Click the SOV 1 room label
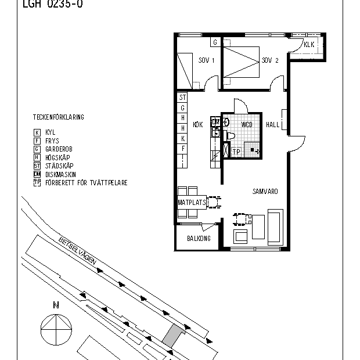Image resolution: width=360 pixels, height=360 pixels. (207, 60)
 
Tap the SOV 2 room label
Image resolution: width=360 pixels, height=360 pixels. (270, 60)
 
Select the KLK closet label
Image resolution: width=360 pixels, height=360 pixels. (308, 45)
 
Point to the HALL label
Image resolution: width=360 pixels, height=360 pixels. (272, 125)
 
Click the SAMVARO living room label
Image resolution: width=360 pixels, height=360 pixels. (265, 190)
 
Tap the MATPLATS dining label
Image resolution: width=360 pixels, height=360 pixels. (192, 203)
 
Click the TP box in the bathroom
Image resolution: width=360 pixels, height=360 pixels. (236, 152)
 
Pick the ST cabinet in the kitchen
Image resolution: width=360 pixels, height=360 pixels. (182, 98)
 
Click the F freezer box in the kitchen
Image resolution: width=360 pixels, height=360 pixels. (182, 148)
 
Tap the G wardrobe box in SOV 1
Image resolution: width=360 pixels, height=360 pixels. (215, 42)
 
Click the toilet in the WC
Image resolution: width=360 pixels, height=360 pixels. (230, 136)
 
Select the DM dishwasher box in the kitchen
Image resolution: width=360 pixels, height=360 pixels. (215, 123)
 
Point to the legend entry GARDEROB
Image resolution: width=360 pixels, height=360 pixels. (58, 149)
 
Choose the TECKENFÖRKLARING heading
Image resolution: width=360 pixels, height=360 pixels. (58, 117)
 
